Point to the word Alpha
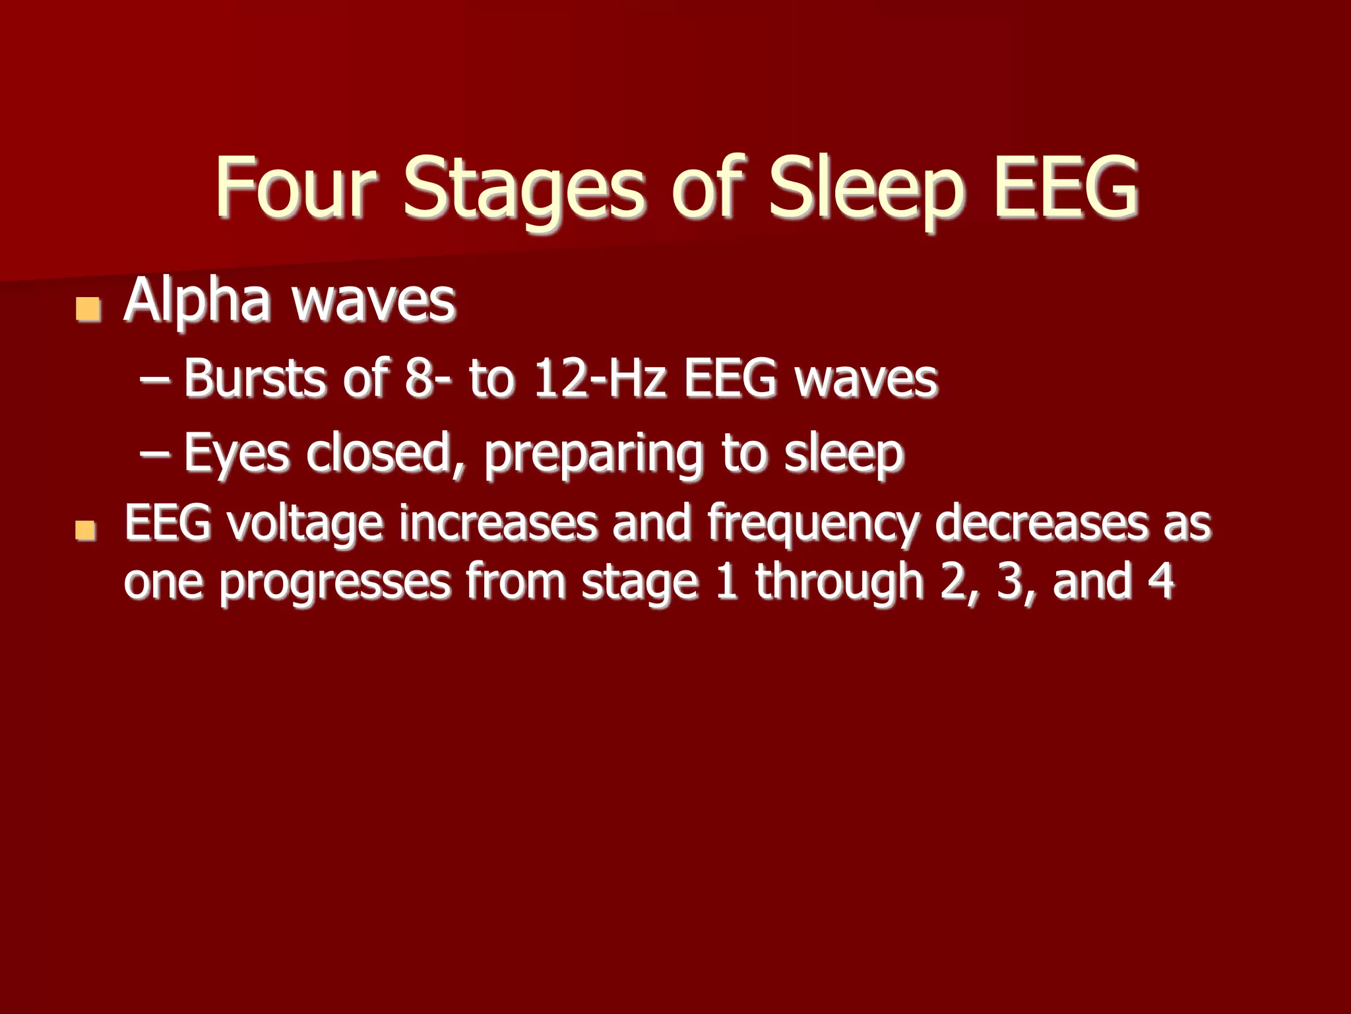click(197, 302)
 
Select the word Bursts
click(255, 379)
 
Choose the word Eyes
click(236, 454)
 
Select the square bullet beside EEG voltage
click(86, 529)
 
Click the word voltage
click(305, 524)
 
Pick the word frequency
click(813, 525)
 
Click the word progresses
click(334, 583)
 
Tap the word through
click(839, 582)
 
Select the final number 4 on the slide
click(1161, 580)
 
